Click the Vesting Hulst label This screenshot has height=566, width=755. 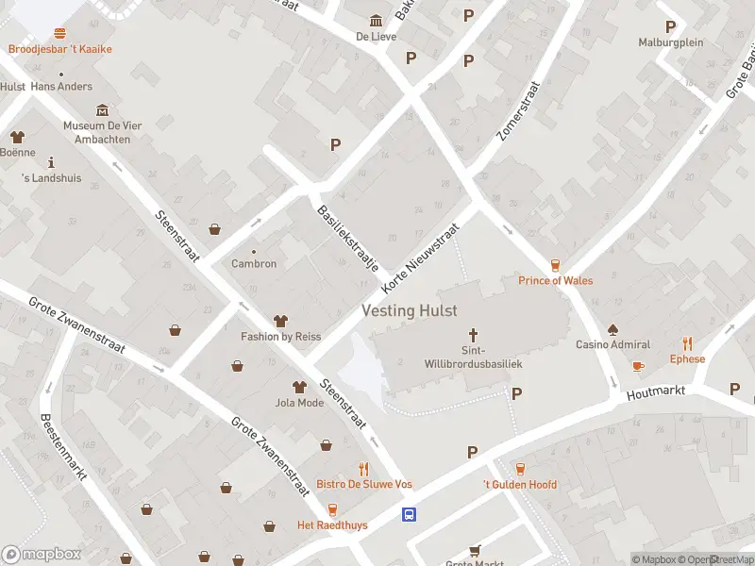coord(410,310)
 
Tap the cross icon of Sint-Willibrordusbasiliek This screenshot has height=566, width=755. coord(474,335)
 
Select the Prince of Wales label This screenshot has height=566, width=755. coord(556,280)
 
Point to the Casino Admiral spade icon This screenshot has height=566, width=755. coord(612,330)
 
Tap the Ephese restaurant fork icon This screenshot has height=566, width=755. coord(687,344)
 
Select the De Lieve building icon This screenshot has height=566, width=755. coord(377,22)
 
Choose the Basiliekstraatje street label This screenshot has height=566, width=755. coord(347,238)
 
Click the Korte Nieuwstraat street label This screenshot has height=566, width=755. coord(420,257)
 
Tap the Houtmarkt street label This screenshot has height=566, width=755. coord(661,391)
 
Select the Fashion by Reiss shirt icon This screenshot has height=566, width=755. coord(280,322)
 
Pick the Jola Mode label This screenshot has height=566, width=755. coord(299,403)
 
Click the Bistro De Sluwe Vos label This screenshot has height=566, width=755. coord(364,484)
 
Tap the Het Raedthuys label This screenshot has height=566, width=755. coord(332,524)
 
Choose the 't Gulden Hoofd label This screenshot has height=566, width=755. coord(520,485)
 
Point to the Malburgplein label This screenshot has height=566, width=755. coord(671,42)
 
